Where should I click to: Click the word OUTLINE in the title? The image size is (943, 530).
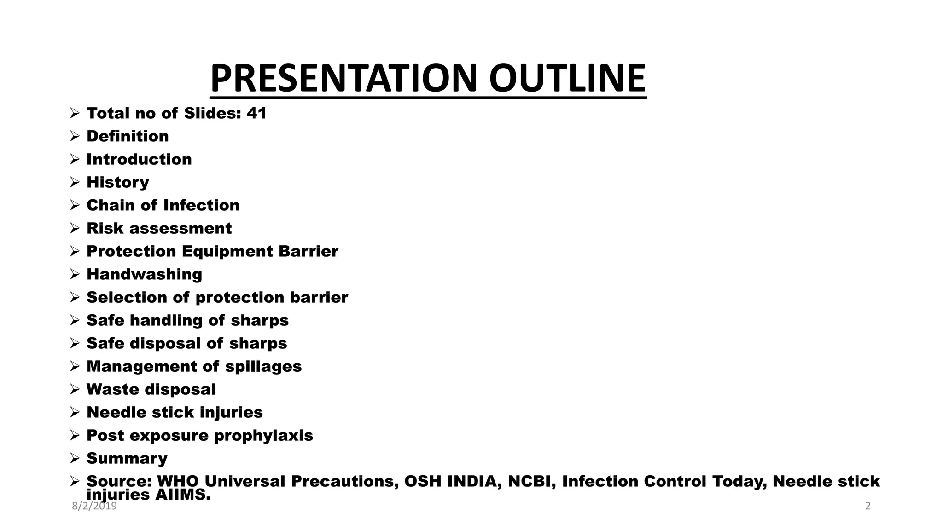567,78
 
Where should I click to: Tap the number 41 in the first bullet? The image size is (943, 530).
256,113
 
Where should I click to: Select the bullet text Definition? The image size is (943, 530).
128,136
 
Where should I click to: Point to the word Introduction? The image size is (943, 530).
139,159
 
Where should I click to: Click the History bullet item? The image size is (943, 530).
118,182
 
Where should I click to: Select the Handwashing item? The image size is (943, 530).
144,274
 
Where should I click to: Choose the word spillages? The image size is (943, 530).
263,366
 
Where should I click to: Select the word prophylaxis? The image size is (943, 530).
263,435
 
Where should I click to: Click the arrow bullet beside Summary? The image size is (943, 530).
75,458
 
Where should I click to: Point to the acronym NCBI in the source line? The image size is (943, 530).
530,481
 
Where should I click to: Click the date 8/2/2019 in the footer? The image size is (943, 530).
94,507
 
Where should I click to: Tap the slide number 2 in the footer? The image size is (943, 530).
868,507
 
